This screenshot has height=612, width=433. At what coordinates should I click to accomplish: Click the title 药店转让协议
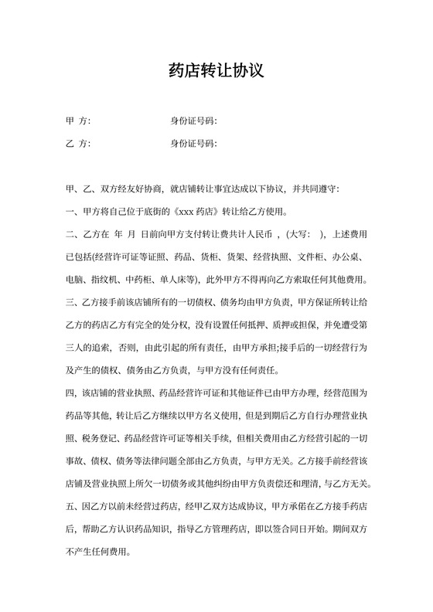216,72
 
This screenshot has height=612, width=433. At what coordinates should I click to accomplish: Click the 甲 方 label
79,121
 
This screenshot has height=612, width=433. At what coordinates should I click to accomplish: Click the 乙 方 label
79,144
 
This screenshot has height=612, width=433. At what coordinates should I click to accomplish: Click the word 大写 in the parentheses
302,235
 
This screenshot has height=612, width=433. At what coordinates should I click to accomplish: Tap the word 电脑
75,280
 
